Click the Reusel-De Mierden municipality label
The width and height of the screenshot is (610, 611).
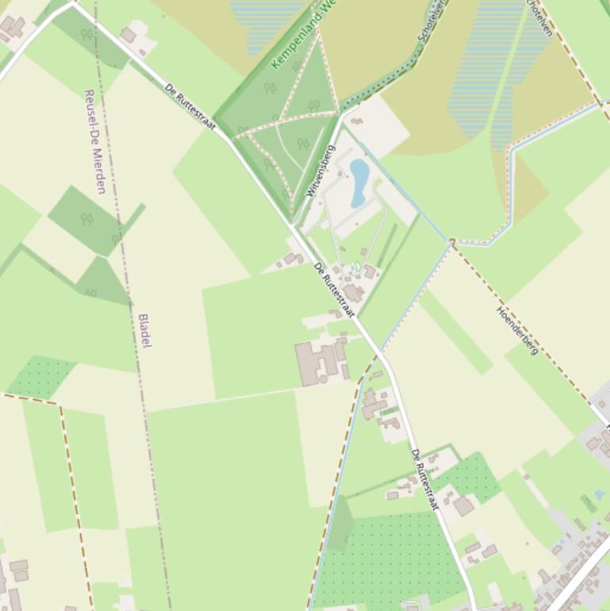click(94, 141)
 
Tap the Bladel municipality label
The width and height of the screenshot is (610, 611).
click(144, 330)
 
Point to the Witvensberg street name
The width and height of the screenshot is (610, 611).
click(320, 171)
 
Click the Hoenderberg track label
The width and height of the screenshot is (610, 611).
click(517, 330)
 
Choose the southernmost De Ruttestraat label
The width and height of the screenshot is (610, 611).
click(424, 478)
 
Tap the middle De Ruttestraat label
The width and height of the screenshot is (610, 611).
click(334, 289)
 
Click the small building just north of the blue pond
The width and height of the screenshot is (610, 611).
click(356, 122)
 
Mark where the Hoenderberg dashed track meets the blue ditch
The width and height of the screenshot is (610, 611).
click(451, 240)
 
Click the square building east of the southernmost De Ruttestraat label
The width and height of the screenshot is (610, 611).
click(464, 505)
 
